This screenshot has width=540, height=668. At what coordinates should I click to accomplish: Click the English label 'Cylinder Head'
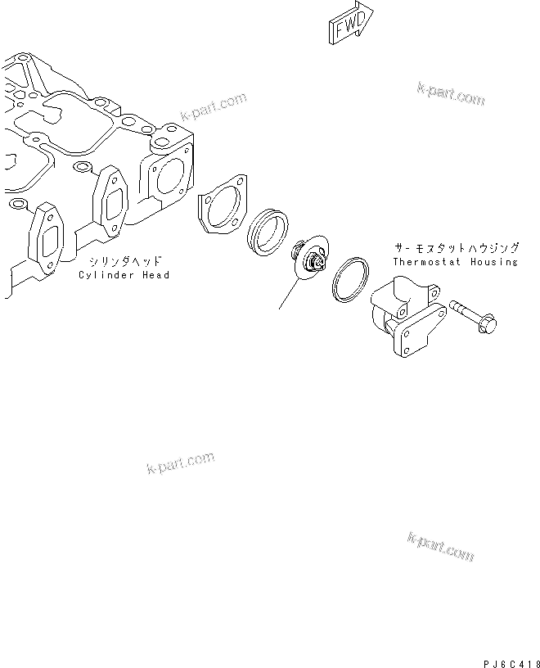(124, 275)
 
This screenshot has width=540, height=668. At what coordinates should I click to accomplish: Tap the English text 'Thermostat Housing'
(455, 262)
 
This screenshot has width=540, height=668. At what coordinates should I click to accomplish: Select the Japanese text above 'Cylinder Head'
(125, 261)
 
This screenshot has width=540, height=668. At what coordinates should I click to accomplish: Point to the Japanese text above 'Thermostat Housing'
(455, 246)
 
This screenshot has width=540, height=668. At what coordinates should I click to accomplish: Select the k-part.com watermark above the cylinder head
(213, 106)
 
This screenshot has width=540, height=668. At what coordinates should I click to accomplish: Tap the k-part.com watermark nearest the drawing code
(440, 547)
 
